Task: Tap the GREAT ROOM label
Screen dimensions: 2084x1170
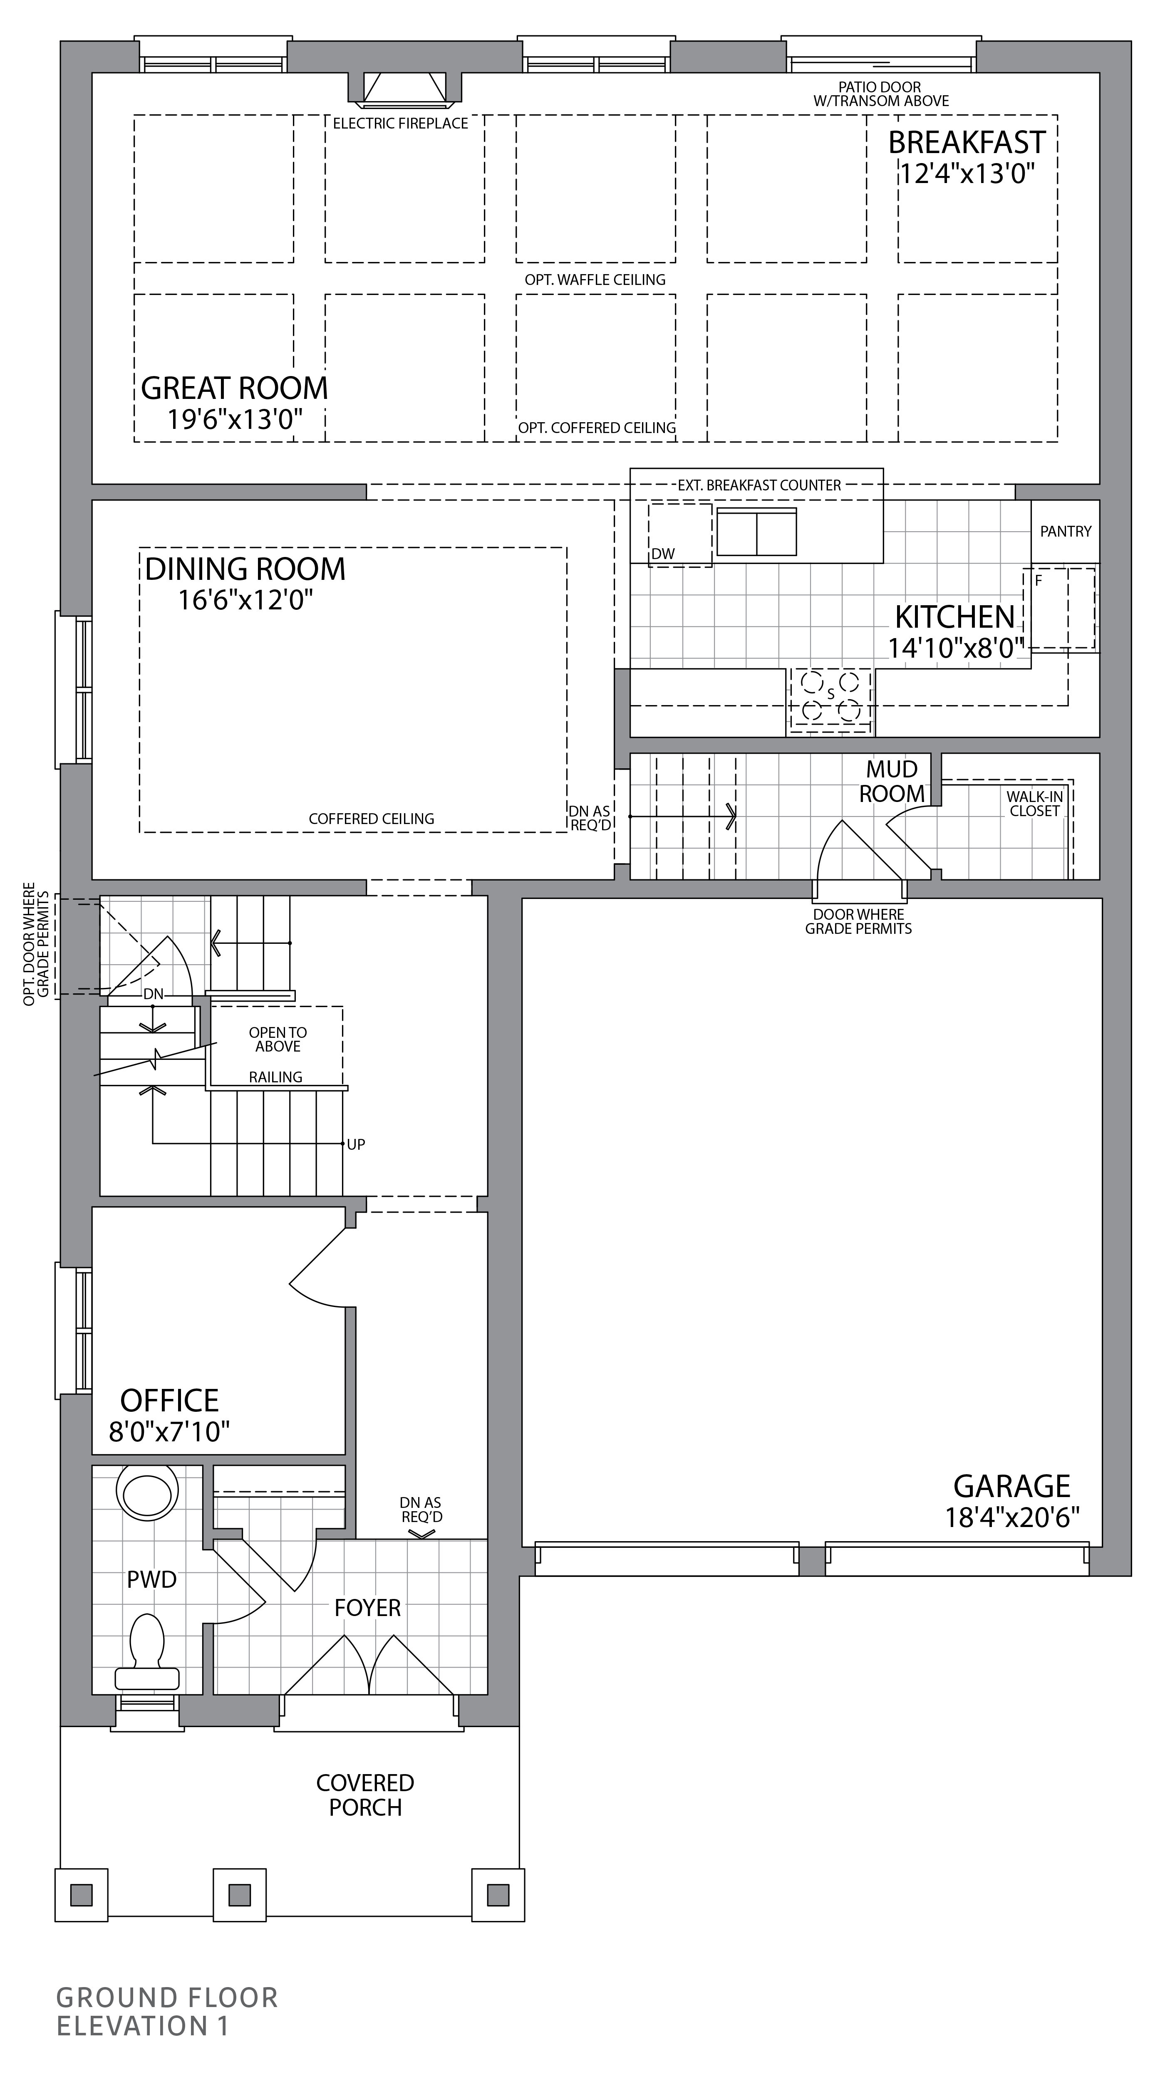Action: pos(235,389)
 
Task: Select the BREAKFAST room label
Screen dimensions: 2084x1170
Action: pos(967,142)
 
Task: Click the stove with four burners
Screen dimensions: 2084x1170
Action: pos(830,697)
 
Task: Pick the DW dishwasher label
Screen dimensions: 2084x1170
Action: pos(663,554)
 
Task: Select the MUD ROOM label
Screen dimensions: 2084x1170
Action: pos(892,782)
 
